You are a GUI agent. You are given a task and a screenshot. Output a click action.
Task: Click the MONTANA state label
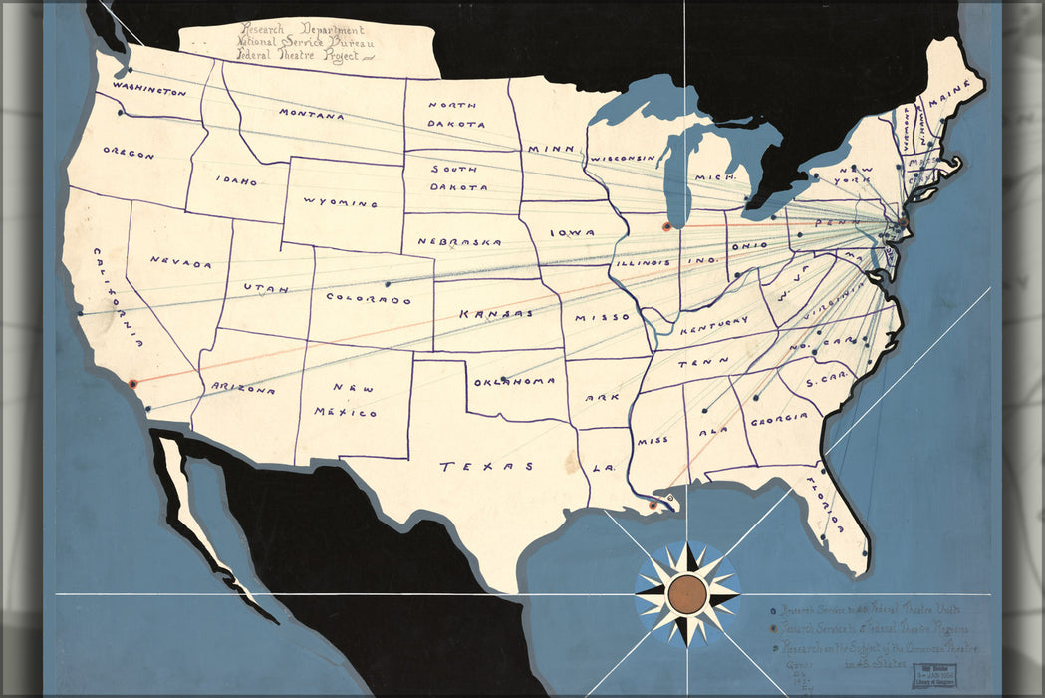(312, 115)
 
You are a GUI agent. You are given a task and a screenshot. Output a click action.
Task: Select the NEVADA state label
(181, 263)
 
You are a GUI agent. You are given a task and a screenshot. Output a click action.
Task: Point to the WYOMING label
(341, 202)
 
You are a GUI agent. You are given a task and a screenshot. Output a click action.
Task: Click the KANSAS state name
(491, 314)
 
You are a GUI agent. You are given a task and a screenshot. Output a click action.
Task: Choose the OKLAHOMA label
(514, 382)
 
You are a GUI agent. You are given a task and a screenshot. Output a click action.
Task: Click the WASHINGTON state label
(149, 89)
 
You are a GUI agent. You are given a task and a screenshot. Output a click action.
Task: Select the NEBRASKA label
(458, 242)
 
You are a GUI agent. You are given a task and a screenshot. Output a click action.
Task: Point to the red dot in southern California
(131, 382)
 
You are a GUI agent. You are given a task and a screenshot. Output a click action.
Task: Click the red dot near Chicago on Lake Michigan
(666, 226)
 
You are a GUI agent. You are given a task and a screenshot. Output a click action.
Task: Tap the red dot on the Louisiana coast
(653, 506)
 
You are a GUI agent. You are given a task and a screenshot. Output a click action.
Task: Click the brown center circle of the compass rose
(686, 594)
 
